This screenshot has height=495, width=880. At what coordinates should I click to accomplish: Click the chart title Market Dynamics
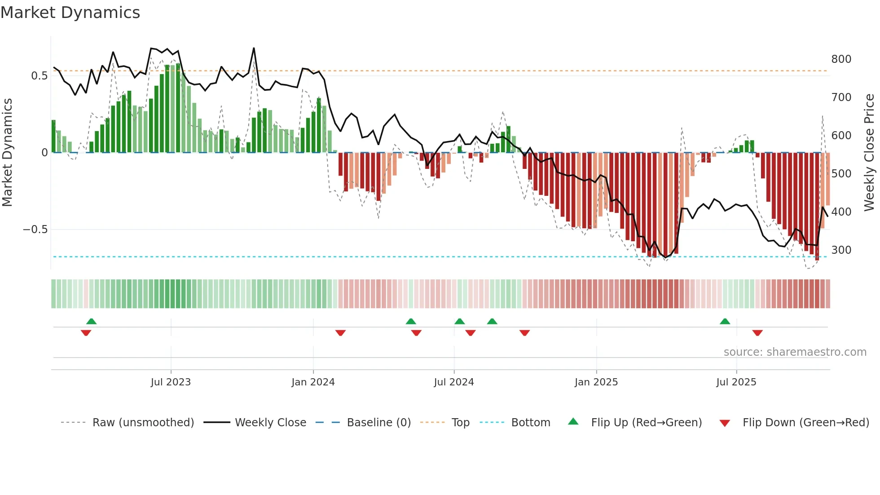pos(70,13)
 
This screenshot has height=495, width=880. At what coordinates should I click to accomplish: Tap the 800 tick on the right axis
pos(841,59)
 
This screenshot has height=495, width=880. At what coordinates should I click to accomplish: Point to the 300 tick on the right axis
pos(841,250)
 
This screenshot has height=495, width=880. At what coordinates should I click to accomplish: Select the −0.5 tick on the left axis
pos(35,230)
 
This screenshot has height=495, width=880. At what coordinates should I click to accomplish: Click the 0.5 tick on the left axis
pos(39,76)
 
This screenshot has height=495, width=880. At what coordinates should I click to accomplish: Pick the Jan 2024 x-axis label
pos(313,382)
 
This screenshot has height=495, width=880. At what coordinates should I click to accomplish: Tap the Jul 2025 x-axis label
pos(736,382)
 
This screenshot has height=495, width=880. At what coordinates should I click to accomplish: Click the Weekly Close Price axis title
pos(869,153)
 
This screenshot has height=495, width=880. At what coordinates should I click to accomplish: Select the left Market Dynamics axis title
pos(7,153)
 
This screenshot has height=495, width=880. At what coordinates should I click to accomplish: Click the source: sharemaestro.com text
pos(795,352)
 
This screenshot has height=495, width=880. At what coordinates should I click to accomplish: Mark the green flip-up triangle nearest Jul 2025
pos(725,321)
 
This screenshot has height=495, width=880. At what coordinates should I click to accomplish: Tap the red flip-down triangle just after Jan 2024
pos(340,333)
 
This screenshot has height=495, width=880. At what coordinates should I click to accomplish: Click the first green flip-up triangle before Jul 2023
pos(91,321)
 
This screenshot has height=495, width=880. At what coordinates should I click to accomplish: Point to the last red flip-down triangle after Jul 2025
pos(757,333)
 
